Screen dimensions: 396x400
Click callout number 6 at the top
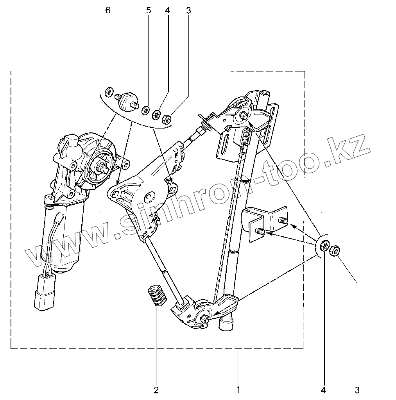108,11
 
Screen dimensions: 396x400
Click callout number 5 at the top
149,11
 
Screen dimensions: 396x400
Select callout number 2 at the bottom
156,389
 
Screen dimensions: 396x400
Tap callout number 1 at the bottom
238,389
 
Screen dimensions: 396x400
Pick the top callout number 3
188,11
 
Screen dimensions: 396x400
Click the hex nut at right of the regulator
335,251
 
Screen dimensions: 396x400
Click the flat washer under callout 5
145,110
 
